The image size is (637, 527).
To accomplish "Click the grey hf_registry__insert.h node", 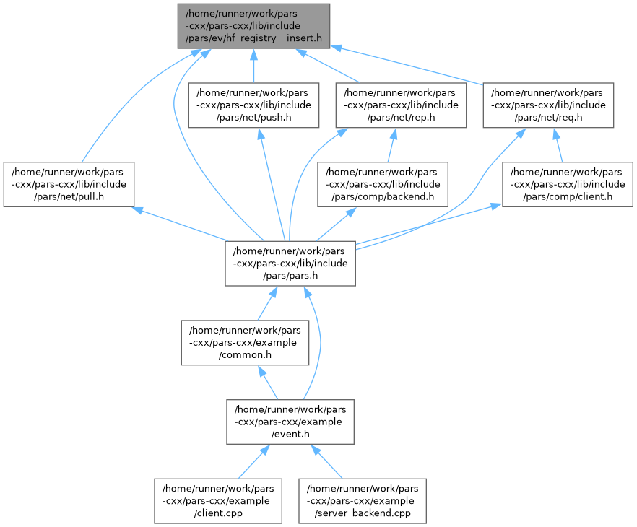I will [x=253, y=25].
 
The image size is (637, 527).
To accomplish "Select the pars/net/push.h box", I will [x=253, y=105].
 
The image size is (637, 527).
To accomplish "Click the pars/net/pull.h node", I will [x=69, y=183].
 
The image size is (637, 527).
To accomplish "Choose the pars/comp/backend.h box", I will [x=383, y=183].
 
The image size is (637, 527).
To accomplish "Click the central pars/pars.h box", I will [x=290, y=263].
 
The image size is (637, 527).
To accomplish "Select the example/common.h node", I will [x=246, y=342].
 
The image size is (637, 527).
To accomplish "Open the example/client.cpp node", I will [x=217, y=500].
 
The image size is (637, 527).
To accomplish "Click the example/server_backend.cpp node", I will [x=363, y=500].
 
